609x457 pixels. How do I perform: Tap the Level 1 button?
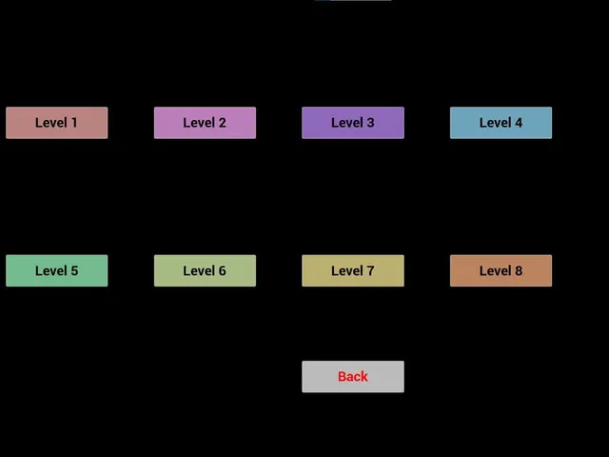click(57, 123)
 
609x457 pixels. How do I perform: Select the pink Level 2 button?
click(206, 123)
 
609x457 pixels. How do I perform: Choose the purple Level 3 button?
click(353, 123)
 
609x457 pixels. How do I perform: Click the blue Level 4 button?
click(501, 123)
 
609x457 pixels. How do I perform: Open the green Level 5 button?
click(57, 270)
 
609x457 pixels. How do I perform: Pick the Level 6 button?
click(206, 270)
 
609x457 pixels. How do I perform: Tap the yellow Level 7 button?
click(353, 270)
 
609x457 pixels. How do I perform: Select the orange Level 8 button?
click(501, 270)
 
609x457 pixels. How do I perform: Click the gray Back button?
click(353, 377)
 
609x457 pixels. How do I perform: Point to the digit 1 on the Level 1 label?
click(74, 123)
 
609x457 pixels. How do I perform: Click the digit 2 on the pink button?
click(222, 123)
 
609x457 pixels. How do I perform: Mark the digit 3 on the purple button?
click(370, 123)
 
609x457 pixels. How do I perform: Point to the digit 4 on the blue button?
click(519, 123)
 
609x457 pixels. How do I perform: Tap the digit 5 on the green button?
click(74, 270)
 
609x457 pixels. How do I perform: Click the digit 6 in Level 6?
click(222, 270)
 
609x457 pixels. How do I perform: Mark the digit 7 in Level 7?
click(370, 270)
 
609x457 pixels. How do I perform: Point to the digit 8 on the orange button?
click(519, 270)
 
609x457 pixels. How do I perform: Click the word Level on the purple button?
click(347, 123)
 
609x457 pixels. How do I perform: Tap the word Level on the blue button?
click(495, 123)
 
